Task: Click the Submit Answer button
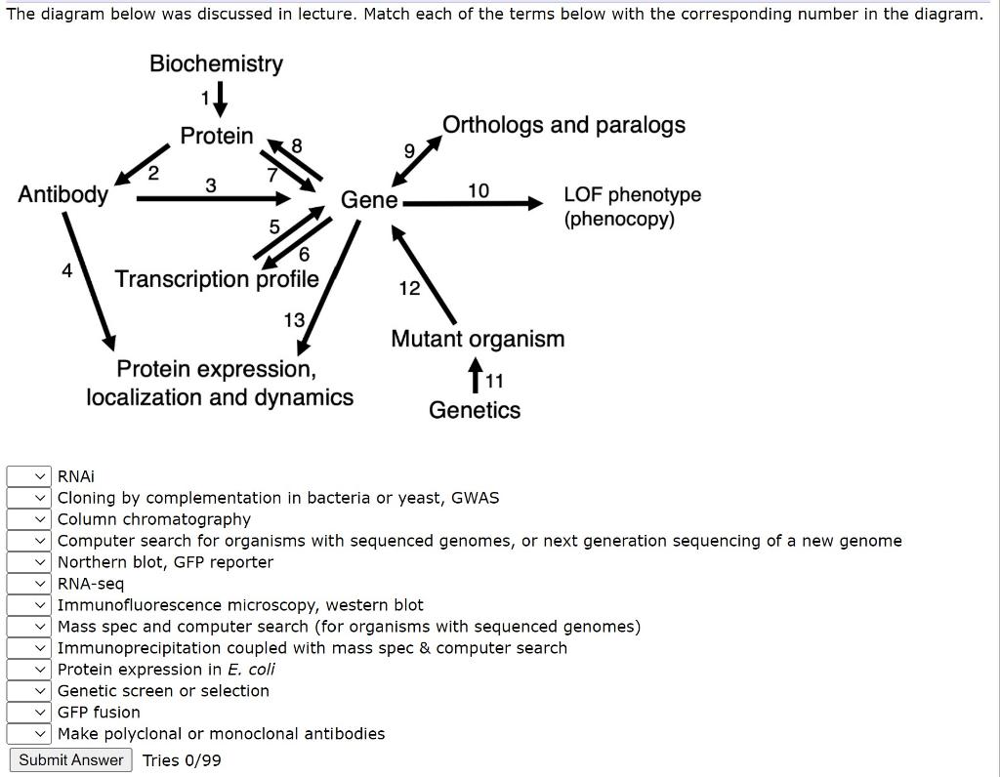(x=71, y=760)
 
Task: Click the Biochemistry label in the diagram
(x=216, y=64)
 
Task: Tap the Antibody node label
(x=62, y=194)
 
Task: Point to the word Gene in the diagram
(x=368, y=200)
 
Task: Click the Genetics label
(x=475, y=410)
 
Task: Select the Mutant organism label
(x=478, y=339)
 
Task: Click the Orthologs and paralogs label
(x=563, y=125)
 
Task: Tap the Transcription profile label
(x=217, y=279)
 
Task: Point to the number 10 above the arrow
(x=479, y=189)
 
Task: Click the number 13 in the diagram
(x=294, y=320)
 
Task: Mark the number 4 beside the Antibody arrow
(x=66, y=271)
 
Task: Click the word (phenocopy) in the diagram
(x=618, y=219)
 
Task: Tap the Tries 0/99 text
(x=182, y=760)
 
